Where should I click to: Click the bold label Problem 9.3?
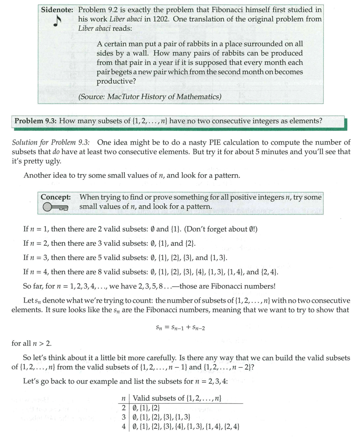click(35, 121)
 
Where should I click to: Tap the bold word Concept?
click(56, 197)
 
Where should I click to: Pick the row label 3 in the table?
click(123, 417)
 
